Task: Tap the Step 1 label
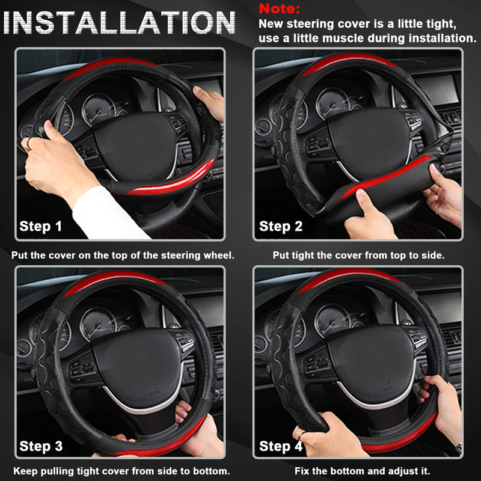pyautogui.click(x=41, y=226)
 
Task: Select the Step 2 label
pyautogui.click(x=280, y=226)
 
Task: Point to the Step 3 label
pyautogui.click(x=41, y=446)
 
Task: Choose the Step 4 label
pyautogui.click(x=280, y=446)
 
